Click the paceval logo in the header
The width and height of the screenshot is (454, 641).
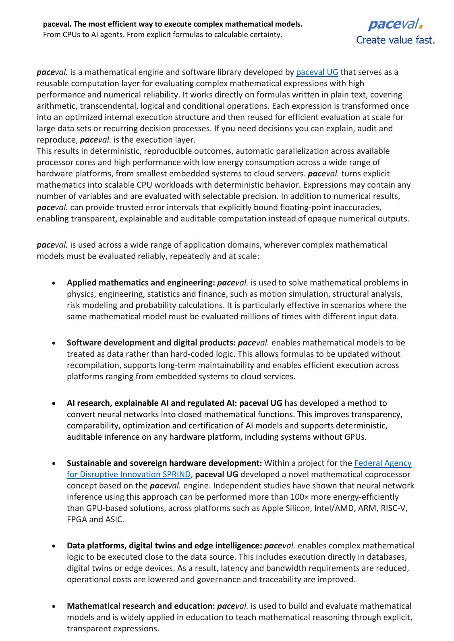tap(395, 25)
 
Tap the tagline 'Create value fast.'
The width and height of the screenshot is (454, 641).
tap(395, 40)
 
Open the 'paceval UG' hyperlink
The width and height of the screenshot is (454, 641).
tap(317, 72)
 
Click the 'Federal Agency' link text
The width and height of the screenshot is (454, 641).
tap(383, 463)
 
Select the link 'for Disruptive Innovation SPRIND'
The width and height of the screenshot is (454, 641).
tap(129, 474)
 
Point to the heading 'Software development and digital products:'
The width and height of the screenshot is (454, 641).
tap(151, 343)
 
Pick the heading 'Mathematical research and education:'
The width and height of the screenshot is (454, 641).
tap(141, 606)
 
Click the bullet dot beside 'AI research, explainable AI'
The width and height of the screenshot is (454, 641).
tap(54, 403)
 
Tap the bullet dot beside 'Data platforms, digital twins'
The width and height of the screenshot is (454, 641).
tap(54, 546)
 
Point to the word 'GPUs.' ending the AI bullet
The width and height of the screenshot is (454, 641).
tap(355, 437)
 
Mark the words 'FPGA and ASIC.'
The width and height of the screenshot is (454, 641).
tap(95, 519)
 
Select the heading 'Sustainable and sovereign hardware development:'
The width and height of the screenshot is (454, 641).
tap(164, 463)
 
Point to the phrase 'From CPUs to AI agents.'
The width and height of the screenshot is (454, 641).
tap(84, 35)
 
